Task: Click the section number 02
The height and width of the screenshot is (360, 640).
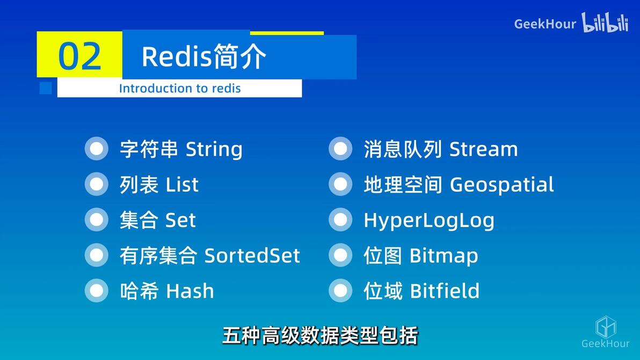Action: (79, 56)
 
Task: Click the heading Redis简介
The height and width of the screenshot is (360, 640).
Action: (203, 56)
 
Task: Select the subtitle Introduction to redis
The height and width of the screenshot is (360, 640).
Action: (179, 89)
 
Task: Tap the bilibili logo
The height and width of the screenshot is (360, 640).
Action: (605, 23)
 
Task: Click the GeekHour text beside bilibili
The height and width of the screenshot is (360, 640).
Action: (544, 24)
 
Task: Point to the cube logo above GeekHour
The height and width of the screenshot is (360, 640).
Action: (606, 327)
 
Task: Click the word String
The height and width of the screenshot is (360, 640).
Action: (214, 149)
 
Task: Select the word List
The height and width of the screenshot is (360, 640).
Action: (182, 185)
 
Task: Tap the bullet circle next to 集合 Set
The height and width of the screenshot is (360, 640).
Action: (97, 220)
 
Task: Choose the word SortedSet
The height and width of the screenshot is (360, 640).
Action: (252, 255)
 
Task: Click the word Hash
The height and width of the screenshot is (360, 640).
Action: (190, 291)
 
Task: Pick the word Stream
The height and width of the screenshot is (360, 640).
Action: (483, 149)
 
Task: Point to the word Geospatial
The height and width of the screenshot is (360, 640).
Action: (501, 185)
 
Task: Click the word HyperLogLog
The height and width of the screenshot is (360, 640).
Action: (429, 221)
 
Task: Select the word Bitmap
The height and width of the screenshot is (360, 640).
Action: (443, 255)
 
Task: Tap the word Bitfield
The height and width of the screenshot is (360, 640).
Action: (445, 291)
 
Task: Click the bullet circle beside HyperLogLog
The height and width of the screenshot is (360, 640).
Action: (340, 220)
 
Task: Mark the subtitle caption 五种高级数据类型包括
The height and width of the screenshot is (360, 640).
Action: (320, 336)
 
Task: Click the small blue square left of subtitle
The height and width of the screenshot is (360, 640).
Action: (46, 88)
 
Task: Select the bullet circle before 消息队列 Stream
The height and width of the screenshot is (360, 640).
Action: (340, 149)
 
